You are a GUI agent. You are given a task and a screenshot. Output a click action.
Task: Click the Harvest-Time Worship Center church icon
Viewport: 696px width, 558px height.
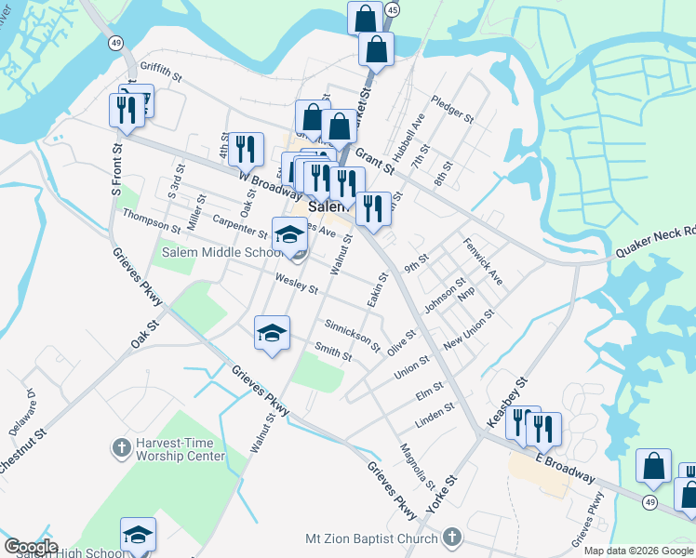(120, 448)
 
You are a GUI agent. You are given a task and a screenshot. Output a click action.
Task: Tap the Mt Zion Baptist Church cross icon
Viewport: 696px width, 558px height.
(451, 538)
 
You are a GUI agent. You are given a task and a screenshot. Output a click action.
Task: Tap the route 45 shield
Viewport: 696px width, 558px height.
(392, 10)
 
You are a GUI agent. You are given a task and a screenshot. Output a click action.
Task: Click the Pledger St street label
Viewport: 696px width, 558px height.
(452, 111)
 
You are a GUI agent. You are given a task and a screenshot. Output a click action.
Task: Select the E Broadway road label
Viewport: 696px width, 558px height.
(566, 467)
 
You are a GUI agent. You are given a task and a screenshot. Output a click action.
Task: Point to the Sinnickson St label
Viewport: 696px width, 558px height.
(353, 335)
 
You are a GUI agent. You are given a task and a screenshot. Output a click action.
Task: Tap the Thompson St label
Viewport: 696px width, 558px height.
(152, 220)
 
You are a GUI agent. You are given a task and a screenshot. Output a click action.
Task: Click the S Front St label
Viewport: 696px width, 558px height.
(117, 168)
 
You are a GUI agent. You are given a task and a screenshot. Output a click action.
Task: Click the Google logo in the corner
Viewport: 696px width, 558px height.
(31, 547)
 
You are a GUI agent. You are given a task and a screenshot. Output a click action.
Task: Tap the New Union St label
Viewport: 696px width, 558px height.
(468, 331)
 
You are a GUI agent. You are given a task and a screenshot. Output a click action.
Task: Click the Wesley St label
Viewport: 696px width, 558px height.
(297, 283)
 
